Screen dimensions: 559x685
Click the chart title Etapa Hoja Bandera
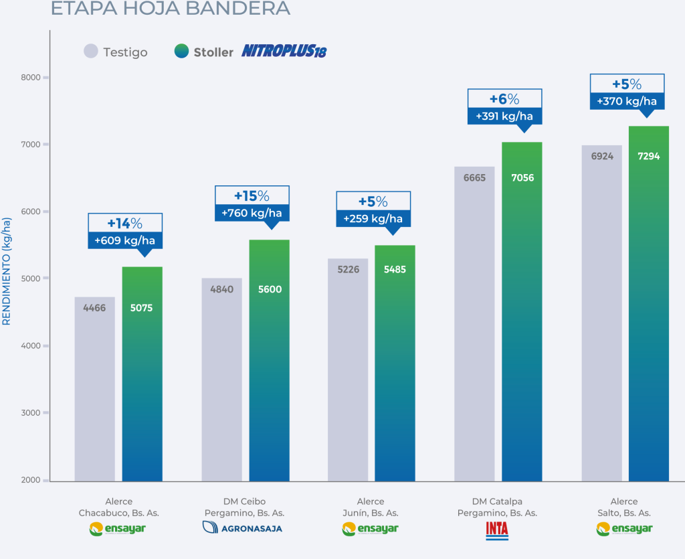coord(171,8)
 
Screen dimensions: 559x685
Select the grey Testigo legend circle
coord(91,52)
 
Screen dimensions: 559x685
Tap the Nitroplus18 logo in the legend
coord(284,52)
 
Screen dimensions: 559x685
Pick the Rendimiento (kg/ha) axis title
coord(7,271)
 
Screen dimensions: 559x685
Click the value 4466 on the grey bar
coord(94,308)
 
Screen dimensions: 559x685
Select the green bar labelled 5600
coord(270,362)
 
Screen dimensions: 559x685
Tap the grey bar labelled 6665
coord(474,321)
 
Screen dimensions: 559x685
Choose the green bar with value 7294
coord(649,301)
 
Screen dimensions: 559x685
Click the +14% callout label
coord(125,224)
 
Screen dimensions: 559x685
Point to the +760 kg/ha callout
coord(252,214)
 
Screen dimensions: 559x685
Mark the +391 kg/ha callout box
coord(504,116)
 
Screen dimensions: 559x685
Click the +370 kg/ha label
coord(627,102)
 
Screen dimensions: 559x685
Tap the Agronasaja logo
coord(242,528)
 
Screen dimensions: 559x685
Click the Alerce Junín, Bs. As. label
coord(371,507)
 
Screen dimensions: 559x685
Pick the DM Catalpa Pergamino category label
coord(497,507)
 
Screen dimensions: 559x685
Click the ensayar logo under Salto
coord(624,529)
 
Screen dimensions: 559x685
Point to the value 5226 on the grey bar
coord(348,270)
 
